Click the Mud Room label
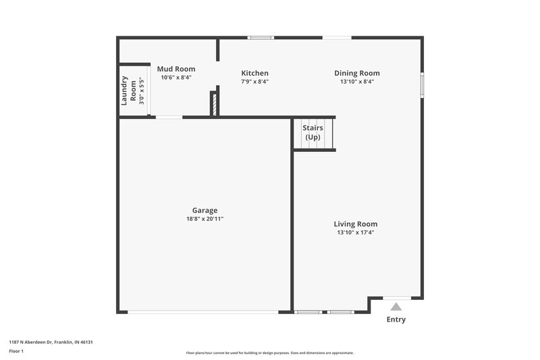[176, 69]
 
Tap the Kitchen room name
[255, 73]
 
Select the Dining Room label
[357, 73]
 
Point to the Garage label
[205, 210]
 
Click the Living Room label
[356, 224]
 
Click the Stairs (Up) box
[313, 133]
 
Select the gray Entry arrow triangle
[396, 307]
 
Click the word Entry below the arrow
[396, 319]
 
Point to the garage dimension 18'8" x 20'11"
[205, 219]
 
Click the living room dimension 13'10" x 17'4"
[356, 232]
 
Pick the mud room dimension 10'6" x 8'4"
[176, 78]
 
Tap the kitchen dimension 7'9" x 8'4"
[255, 82]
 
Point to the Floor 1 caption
[16, 351]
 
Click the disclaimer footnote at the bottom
[270, 353]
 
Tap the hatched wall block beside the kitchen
[214, 105]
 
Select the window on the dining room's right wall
[423, 84]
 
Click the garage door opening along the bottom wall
[202, 311]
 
